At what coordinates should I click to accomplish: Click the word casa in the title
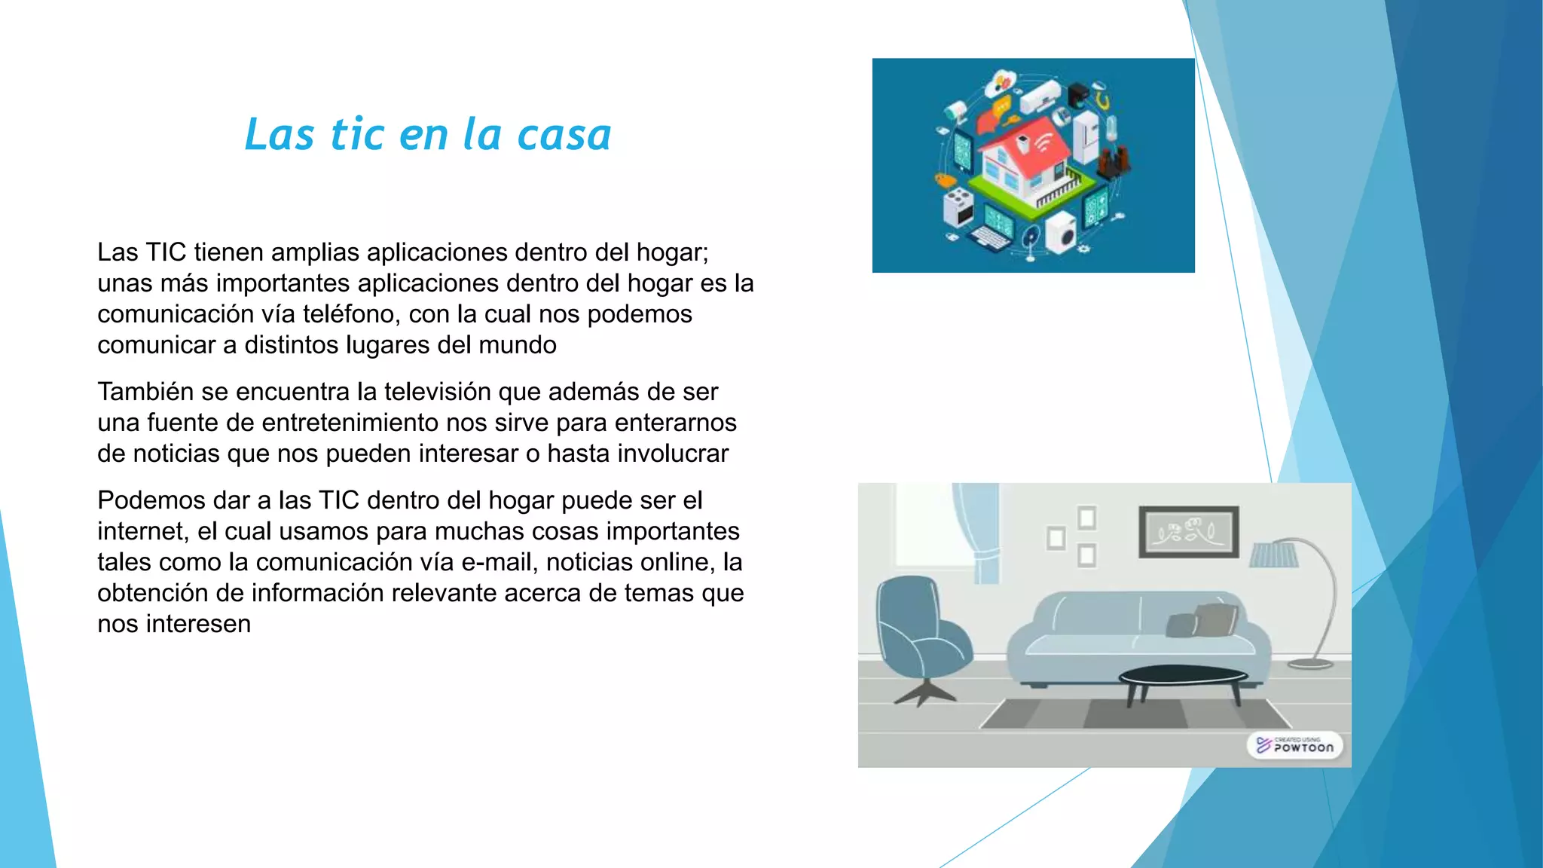[x=564, y=135]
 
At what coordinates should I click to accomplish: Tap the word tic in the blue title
[x=358, y=135]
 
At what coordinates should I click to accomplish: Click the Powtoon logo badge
[x=1295, y=746]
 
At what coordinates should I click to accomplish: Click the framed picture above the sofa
[x=1188, y=532]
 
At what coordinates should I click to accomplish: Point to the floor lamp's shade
[x=1274, y=555]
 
